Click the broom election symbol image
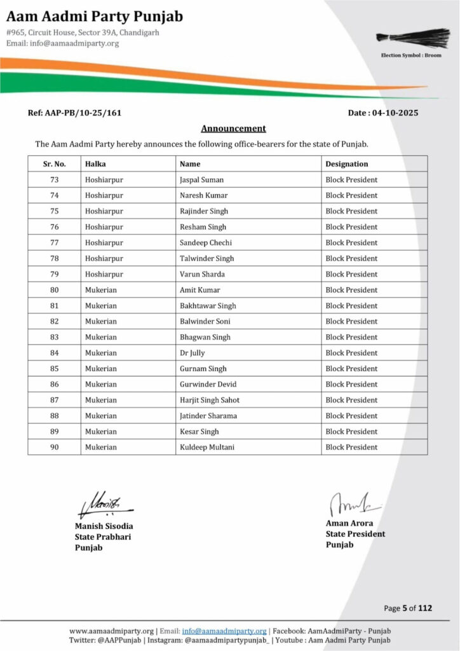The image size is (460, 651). [x=405, y=38]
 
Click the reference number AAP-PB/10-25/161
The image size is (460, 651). [x=74, y=113]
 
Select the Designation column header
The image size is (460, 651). [x=346, y=164]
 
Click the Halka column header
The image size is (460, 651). [x=95, y=164]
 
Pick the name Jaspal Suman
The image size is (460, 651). [x=201, y=180]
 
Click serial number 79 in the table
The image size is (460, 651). [x=54, y=274]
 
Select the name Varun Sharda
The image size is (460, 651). [x=202, y=274]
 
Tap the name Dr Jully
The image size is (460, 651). [x=193, y=353]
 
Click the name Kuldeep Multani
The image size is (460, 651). [x=207, y=447]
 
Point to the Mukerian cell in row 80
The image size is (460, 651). [x=101, y=290]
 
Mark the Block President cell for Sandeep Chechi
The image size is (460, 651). [x=351, y=243]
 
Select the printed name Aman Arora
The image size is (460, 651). [x=349, y=523]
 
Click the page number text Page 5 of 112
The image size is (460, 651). [x=408, y=608]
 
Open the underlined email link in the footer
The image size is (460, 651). [x=224, y=631]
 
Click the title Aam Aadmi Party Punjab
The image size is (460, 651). [x=95, y=15]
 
